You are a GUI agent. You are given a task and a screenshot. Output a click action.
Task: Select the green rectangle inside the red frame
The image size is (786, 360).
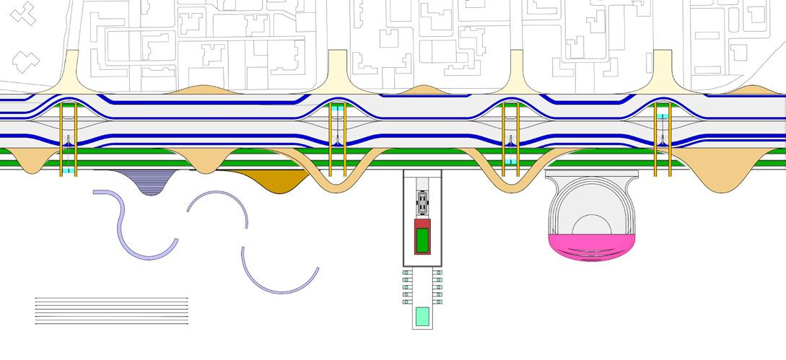pos(422,237)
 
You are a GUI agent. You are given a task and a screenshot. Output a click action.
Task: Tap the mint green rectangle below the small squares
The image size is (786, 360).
pos(422,316)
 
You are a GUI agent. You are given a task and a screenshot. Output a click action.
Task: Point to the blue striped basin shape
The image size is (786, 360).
pos(147,180)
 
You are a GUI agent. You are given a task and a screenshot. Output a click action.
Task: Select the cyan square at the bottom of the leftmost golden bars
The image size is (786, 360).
pos(69,171)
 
